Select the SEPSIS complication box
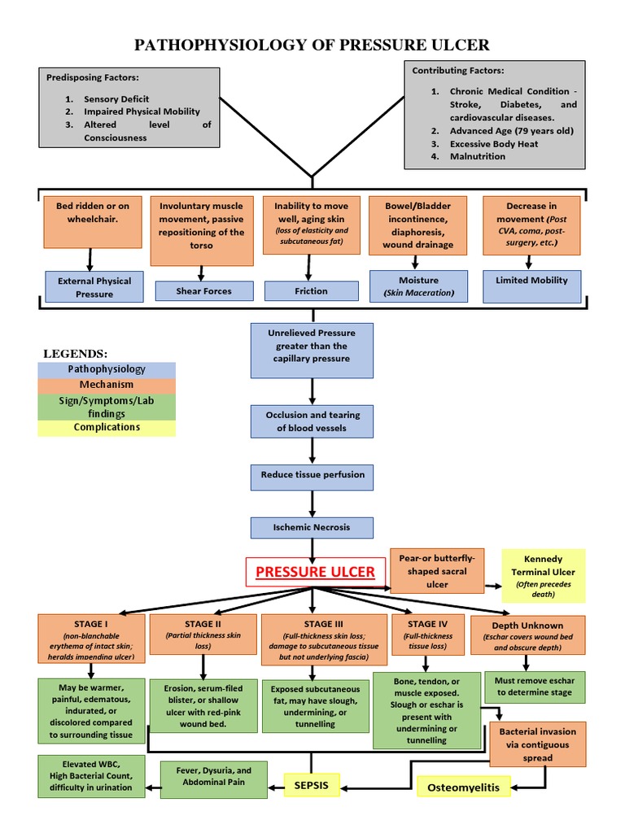(311, 786)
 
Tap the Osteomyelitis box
(464, 787)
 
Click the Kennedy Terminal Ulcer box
(543, 576)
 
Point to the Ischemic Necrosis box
(312, 527)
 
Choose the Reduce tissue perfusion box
(312, 474)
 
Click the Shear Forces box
(204, 291)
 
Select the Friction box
(311, 291)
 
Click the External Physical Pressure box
(94, 286)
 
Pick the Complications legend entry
(106, 428)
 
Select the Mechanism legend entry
(106, 384)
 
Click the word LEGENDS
(75, 353)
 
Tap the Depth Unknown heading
(532, 626)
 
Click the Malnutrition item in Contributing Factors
(478, 156)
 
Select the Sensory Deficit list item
(116, 98)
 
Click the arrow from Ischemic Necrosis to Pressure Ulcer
(312, 547)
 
